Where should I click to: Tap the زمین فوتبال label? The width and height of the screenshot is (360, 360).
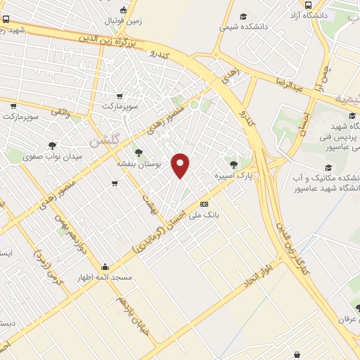point(124,21)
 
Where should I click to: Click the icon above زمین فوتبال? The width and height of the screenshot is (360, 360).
point(124,10)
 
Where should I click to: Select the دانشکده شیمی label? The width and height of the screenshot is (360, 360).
point(243,27)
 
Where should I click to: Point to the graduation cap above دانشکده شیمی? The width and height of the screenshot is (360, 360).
point(243,16)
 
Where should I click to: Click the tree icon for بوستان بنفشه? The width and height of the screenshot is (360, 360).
point(138,151)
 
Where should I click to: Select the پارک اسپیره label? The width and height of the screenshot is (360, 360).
point(233,173)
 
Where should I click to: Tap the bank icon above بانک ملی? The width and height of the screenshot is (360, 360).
point(205,204)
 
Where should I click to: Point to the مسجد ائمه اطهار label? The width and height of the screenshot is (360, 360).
point(105,278)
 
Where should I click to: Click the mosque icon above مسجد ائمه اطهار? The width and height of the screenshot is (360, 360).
point(105,267)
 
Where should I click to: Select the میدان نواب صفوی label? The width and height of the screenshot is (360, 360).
point(53,156)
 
